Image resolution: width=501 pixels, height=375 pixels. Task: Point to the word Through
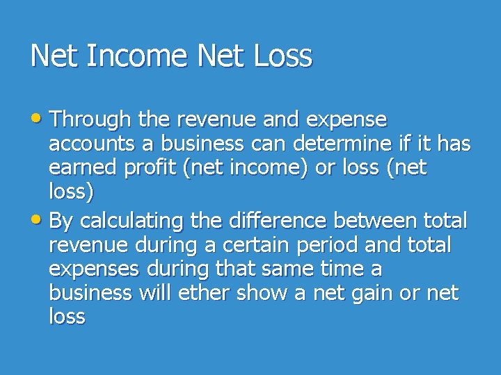click(90, 119)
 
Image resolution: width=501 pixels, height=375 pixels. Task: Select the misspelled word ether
click(205, 293)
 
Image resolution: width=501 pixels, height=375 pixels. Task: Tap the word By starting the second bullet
click(61, 222)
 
